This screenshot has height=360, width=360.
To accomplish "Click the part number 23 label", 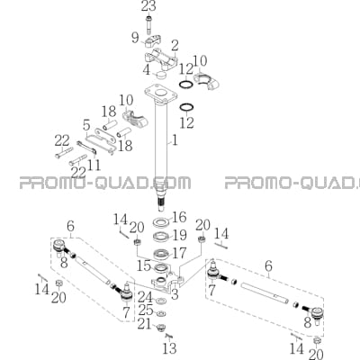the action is (x=148, y=6).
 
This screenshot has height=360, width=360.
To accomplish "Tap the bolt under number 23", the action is (x=148, y=25).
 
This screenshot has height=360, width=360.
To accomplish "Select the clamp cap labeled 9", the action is (x=154, y=41).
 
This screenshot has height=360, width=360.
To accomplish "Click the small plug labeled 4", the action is (x=162, y=75).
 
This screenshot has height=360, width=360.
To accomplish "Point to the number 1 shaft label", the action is (x=174, y=140).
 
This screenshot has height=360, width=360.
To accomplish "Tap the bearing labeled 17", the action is (x=160, y=255).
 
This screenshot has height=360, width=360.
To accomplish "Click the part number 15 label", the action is (x=144, y=265).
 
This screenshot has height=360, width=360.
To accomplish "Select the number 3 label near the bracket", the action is (x=175, y=294).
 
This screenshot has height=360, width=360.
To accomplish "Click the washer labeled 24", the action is (x=162, y=300).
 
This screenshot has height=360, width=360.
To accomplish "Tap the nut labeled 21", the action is (x=162, y=326).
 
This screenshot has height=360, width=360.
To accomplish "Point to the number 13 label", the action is (x=169, y=348).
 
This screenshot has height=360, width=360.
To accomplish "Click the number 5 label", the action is (x=87, y=126).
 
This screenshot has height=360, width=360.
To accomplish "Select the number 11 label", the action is (x=94, y=165).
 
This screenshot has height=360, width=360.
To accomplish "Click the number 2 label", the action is (x=175, y=47).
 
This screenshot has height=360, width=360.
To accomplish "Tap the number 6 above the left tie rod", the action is (x=70, y=227).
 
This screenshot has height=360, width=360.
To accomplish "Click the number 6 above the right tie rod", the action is (x=268, y=265).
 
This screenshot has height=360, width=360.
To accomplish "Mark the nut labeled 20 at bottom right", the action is (x=317, y=341).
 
